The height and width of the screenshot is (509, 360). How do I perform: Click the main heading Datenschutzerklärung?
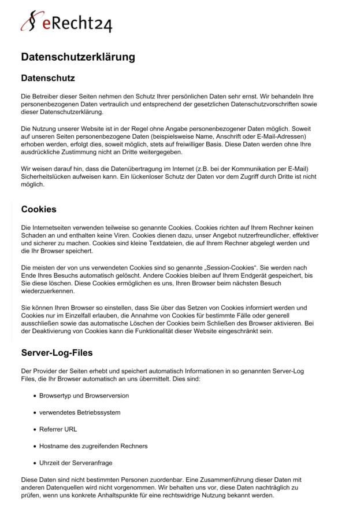pos(78,57)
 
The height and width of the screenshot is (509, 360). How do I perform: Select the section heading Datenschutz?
pos(48,78)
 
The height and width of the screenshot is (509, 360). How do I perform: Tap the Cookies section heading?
pos(39,209)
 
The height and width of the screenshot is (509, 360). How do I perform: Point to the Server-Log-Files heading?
pos(57,352)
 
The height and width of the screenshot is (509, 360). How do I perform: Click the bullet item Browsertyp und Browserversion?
pos(84,396)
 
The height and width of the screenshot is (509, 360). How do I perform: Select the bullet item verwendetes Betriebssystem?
pos(80,412)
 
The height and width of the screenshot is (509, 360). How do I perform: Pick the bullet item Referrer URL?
pos(58,429)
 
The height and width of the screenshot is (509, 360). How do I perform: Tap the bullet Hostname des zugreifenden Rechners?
pos(93,446)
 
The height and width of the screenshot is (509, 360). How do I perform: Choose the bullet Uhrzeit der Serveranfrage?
pos(76,463)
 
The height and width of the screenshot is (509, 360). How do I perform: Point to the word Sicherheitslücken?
pos(48,177)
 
